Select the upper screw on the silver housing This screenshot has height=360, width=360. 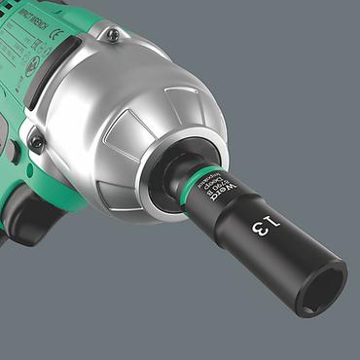(x=114, y=35)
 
